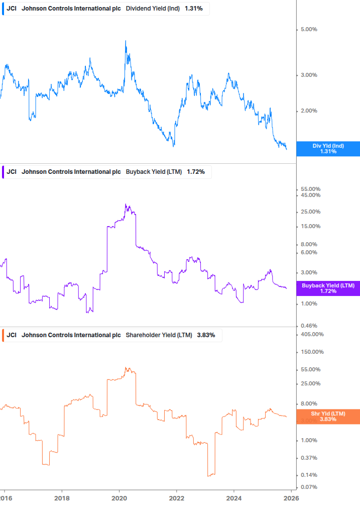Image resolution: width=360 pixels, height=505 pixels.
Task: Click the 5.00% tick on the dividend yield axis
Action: point(309,30)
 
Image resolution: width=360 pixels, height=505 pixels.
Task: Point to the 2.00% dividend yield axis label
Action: point(309,111)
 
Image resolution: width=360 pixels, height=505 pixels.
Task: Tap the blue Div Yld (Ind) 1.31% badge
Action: point(328,149)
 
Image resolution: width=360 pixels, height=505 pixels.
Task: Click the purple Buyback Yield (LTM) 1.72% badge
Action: point(328,288)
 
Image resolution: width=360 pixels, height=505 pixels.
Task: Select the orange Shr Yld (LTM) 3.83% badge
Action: point(328,417)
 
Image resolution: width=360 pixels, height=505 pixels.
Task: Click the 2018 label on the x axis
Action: point(62,498)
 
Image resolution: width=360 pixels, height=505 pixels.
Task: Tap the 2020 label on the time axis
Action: point(119,498)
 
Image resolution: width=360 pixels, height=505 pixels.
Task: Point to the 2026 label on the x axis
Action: point(292,498)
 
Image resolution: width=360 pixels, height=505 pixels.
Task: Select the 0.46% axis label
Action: point(309,326)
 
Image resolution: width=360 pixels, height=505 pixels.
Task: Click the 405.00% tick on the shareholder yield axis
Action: point(312,335)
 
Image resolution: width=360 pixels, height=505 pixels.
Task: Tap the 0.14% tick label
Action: point(309,475)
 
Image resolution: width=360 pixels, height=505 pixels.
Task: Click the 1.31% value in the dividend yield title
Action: point(194,9)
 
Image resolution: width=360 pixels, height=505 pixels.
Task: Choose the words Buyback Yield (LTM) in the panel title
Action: point(154,172)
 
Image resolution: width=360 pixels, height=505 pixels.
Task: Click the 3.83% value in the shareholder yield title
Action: point(206,335)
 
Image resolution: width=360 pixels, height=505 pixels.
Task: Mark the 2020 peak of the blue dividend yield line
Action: point(126,41)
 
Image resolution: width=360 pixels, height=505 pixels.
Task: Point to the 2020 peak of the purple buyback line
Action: point(126,205)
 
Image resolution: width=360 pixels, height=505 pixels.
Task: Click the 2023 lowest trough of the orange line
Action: point(209,475)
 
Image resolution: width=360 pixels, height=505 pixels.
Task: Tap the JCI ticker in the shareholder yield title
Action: point(12,335)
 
